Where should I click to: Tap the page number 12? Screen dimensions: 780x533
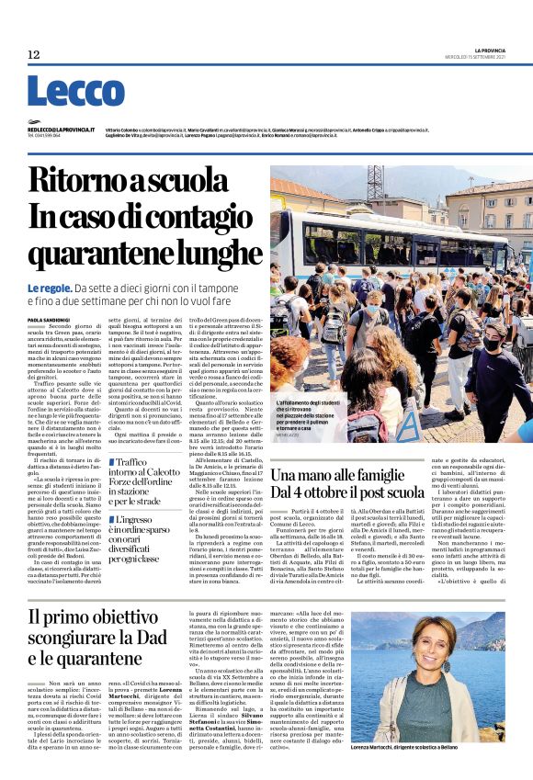tap(34, 55)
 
